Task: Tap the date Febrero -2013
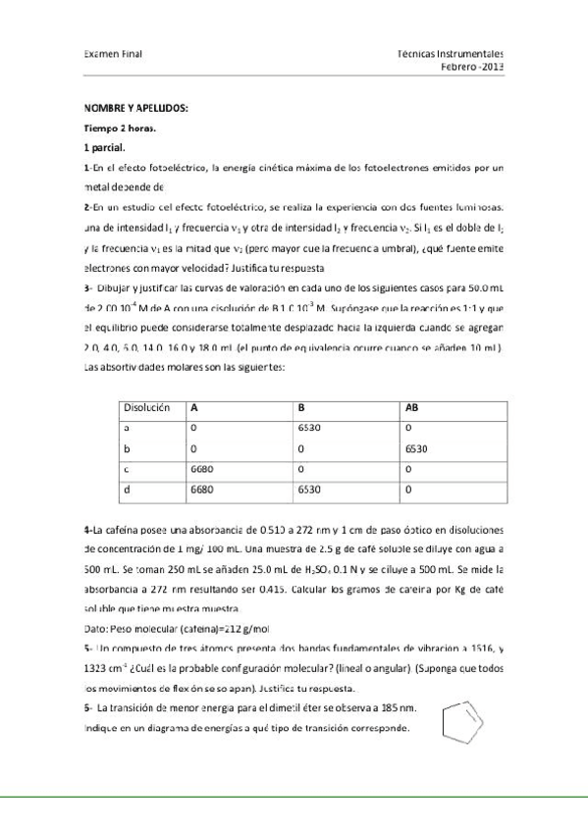pos(472,68)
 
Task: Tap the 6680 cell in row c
pos(201,468)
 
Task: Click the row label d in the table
pos(125,488)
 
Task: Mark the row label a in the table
pos(125,428)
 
